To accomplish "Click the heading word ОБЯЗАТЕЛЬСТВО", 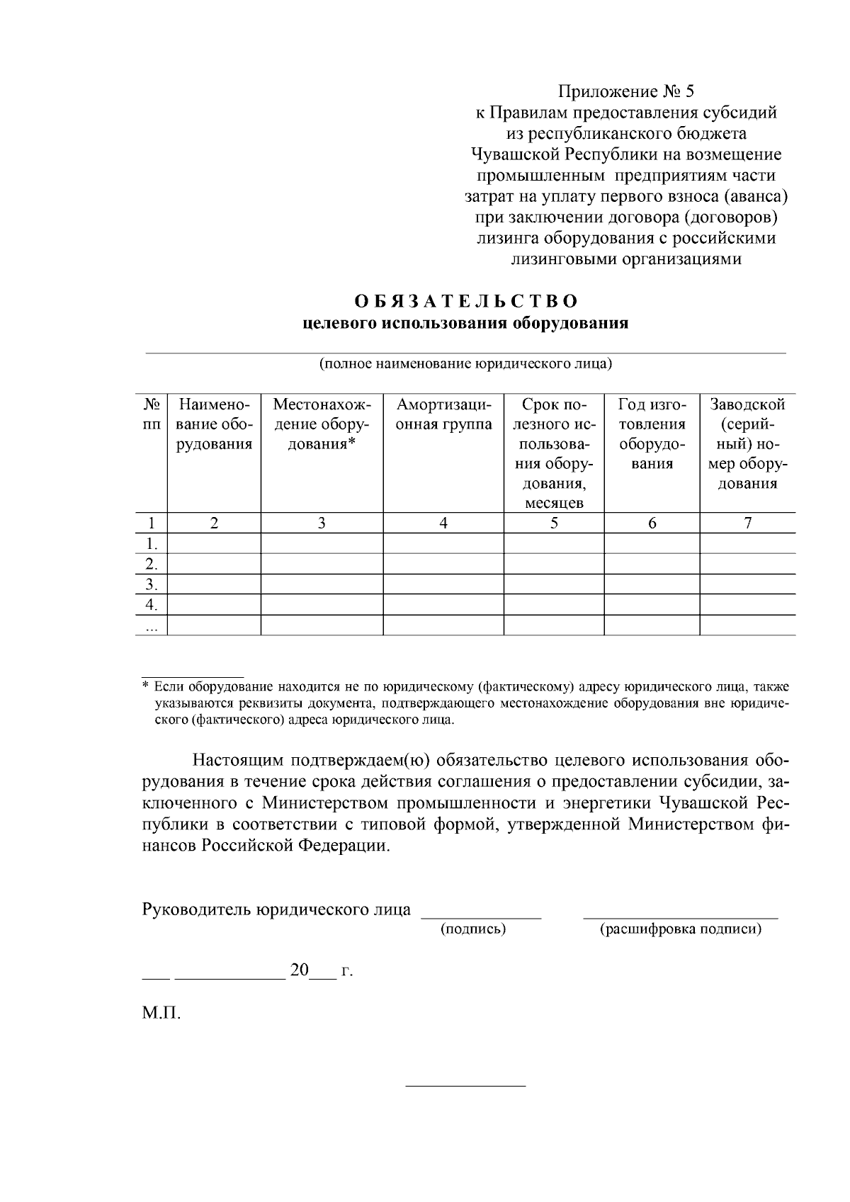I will click(465, 301).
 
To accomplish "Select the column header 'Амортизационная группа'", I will click(443, 415).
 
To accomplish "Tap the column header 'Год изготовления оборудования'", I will click(652, 434).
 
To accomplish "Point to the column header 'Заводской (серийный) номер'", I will click(747, 444).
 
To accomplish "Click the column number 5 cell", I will click(554, 523).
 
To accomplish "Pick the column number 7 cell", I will click(747, 523).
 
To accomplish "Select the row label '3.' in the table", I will click(151, 585).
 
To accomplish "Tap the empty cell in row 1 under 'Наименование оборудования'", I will click(214, 544).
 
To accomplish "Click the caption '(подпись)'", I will click(473, 929).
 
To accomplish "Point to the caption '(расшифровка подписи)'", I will click(681, 929).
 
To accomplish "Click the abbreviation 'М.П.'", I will click(161, 1014).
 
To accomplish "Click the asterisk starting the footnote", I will click(145, 686).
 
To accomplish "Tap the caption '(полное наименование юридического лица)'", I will click(465, 364).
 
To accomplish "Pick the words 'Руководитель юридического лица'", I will click(276, 909).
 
